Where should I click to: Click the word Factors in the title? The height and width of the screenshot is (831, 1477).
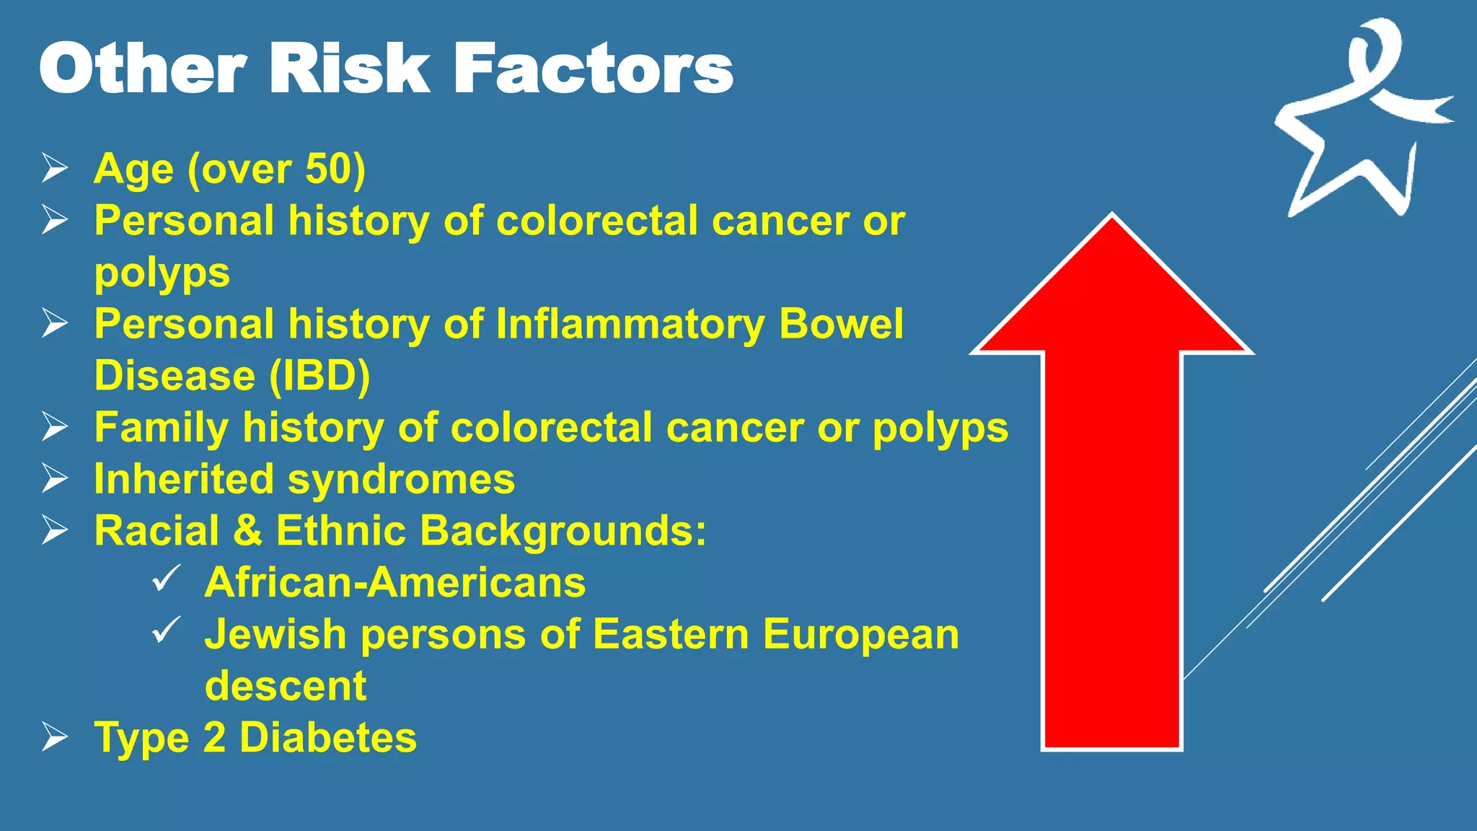[593, 68]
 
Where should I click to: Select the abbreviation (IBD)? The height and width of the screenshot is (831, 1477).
[319, 376]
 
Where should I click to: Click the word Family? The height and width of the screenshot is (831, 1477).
[161, 428]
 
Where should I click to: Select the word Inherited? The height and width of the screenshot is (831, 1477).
[184, 479]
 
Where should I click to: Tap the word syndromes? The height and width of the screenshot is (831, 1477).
[402, 479]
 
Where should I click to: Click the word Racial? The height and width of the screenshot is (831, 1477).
[156, 531]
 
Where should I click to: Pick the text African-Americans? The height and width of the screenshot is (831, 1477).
[395, 582]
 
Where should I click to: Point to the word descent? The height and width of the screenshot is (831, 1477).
[286, 686]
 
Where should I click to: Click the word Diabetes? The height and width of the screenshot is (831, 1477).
[328, 737]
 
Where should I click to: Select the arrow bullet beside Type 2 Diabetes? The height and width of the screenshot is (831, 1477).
[55, 737]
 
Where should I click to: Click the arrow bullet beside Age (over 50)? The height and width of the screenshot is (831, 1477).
[55, 168]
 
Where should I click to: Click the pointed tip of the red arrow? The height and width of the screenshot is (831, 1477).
[1112, 216]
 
